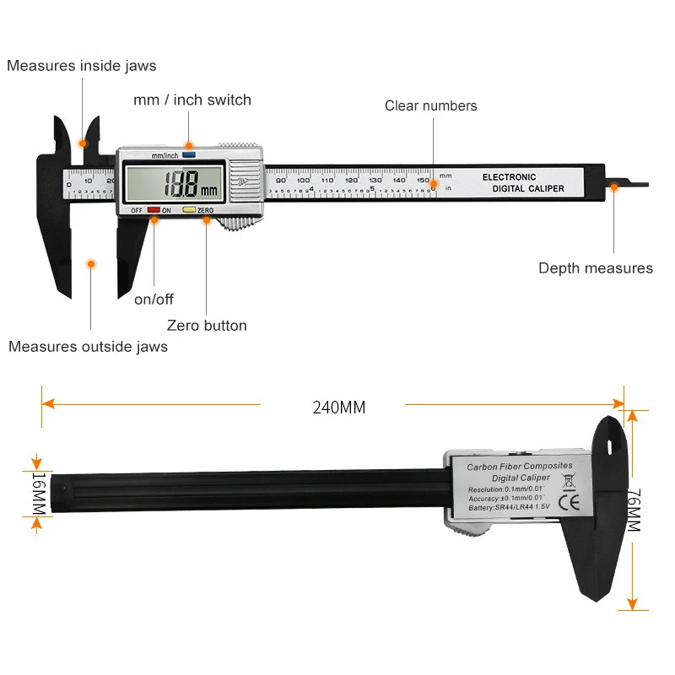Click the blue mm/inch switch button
pyautogui.click(x=188, y=155)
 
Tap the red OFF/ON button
pyautogui.click(x=154, y=209)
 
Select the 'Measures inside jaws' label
pyautogui.click(x=81, y=66)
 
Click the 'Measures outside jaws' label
pyautogui.click(x=88, y=346)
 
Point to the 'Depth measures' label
pyautogui.click(x=596, y=268)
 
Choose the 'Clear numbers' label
pyautogui.click(x=430, y=105)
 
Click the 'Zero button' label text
pyautogui.click(x=207, y=325)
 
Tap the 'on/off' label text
pyautogui.click(x=154, y=299)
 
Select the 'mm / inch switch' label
pyautogui.click(x=192, y=100)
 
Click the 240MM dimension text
pyautogui.click(x=339, y=407)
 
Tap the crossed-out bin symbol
pyautogui.click(x=568, y=483)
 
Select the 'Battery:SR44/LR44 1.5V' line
pyautogui.click(x=509, y=508)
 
